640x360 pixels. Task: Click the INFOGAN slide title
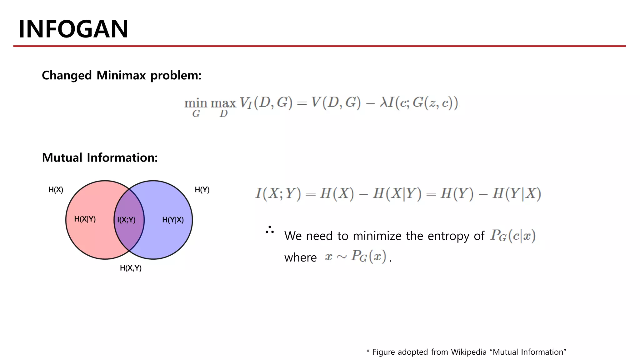coord(73,29)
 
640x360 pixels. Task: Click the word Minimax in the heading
coord(121,76)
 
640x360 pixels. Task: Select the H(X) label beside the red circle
coord(56,190)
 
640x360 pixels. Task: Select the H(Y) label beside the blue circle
coord(202,190)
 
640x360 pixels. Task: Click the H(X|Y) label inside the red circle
coord(85,219)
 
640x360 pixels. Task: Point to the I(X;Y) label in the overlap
coord(126,220)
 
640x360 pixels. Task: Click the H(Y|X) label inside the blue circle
coord(173,220)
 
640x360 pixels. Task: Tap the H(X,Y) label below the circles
coord(131,268)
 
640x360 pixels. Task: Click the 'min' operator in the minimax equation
coord(196,103)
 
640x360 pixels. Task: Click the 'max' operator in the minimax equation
coord(223,103)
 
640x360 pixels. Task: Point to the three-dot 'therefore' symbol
coord(269,230)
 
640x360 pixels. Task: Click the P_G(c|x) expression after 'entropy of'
coord(513,236)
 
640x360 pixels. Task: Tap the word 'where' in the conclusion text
coord(300,257)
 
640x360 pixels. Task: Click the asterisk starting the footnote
coord(368,351)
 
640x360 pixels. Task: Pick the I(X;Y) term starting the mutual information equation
coord(278,193)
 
